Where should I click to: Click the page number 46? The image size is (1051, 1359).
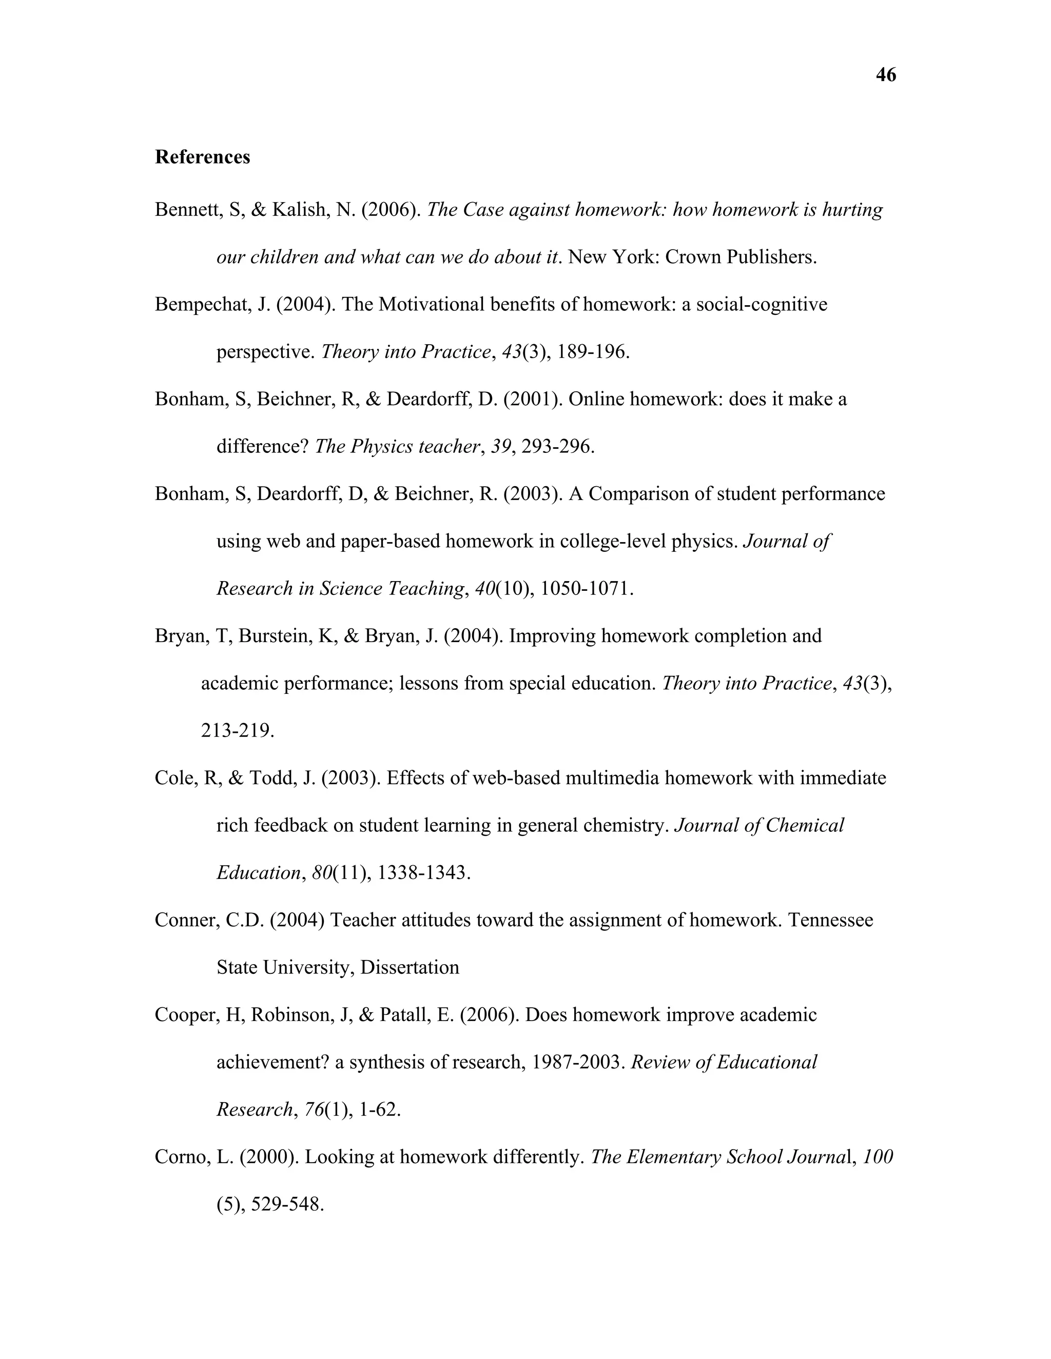pos(885,75)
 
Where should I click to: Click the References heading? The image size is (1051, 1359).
pos(202,157)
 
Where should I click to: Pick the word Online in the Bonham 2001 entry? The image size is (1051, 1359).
pos(596,399)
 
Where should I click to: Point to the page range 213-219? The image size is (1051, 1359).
pos(237,730)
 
